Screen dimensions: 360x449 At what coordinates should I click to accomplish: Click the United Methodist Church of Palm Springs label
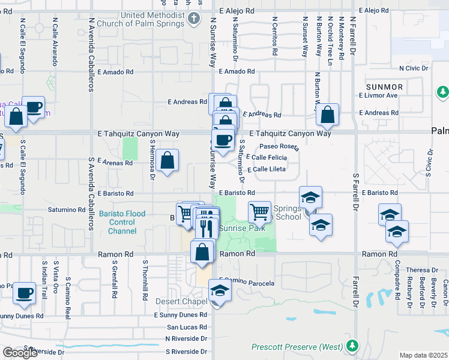(x=151, y=19)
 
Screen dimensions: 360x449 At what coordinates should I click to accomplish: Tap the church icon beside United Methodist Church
(x=193, y=19)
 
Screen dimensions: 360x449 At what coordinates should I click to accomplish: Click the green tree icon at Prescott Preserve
(x=355, y=346)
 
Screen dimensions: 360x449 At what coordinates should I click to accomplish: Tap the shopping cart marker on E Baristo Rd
(x=259, y=211)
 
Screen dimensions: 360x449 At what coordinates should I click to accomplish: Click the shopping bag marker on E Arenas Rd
(x=169, y=160)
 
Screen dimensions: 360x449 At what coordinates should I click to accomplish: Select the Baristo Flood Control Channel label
(x=122, y=222)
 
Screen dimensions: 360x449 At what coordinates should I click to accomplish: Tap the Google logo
(x=20, y=353)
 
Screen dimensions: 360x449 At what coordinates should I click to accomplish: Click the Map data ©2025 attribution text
(x=423, y=355)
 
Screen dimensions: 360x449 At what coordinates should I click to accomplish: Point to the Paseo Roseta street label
(x=279, y=146)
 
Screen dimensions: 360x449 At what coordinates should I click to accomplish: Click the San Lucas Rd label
(x=187, y=327)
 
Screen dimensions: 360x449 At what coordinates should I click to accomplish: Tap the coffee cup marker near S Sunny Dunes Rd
(x=24, y=293)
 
